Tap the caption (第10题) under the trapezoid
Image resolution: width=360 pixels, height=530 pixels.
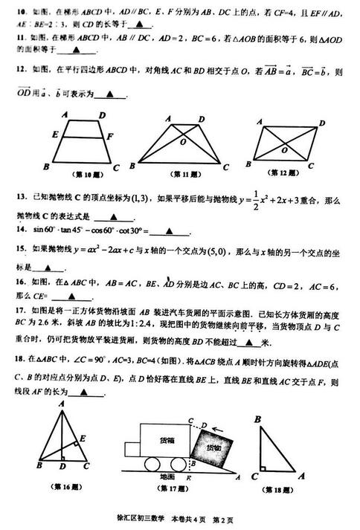(x=80, y=175)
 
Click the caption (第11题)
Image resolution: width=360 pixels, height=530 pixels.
(x=181, y=175)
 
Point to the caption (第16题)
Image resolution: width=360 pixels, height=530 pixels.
(x=60, y=488)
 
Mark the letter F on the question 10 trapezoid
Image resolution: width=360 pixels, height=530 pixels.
(x=110, y=136)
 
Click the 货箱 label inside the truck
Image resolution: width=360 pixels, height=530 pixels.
(x=168, y=438)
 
